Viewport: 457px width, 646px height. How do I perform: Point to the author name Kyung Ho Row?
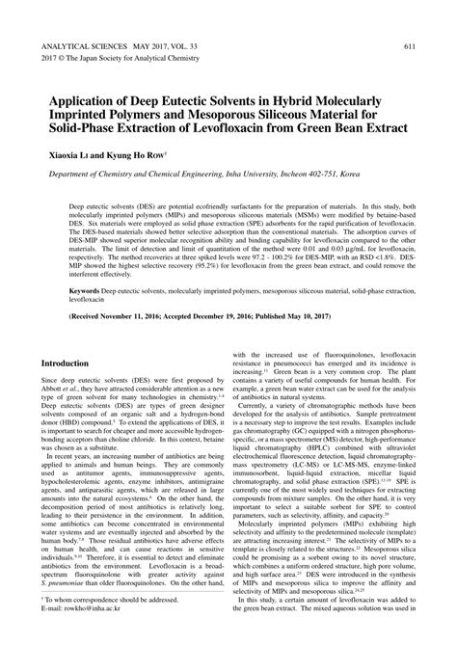click(140, 154)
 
